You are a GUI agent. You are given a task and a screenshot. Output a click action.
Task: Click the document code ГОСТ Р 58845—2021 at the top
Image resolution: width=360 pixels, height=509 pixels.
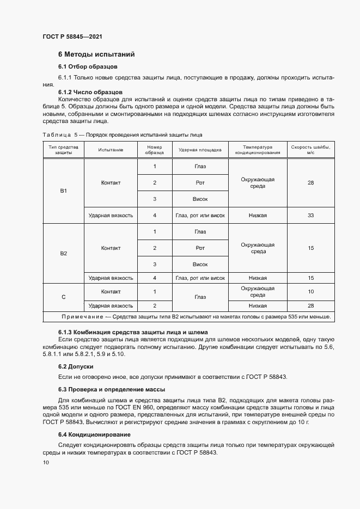click(72, 36)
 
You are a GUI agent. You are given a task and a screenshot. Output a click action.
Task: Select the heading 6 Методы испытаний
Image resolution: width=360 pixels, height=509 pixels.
click(96, 54)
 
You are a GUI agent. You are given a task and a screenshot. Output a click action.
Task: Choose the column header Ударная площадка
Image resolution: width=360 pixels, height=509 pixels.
click(200, 150)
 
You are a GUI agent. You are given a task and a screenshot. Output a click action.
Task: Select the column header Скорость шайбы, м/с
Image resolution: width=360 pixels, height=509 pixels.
click(310, 150)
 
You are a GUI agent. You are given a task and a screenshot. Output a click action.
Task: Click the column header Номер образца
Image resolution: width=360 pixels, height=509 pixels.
click(155, 150)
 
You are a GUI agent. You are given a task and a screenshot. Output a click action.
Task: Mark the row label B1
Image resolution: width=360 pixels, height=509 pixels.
click(63, 191)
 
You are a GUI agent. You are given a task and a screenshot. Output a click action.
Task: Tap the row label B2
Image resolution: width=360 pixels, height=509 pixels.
click(63, 254)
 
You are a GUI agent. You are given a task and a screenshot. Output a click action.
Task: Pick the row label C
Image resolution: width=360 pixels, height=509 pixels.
click(63, 297)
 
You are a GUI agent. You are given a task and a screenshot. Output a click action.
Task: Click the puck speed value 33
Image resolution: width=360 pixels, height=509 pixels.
click(310, 216)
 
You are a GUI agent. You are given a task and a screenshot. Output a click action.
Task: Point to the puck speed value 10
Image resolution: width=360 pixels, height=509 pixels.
click(310, 292)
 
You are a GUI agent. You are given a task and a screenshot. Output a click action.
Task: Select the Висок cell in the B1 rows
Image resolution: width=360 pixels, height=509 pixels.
click(200, 199)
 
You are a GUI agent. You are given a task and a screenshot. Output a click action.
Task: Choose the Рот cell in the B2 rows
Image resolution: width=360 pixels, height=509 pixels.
click(200, 248)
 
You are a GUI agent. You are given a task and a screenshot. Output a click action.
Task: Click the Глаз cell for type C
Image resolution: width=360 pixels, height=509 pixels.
click(200, 297)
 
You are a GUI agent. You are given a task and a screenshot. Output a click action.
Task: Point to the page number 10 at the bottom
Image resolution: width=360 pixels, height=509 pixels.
click(46, 463)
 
